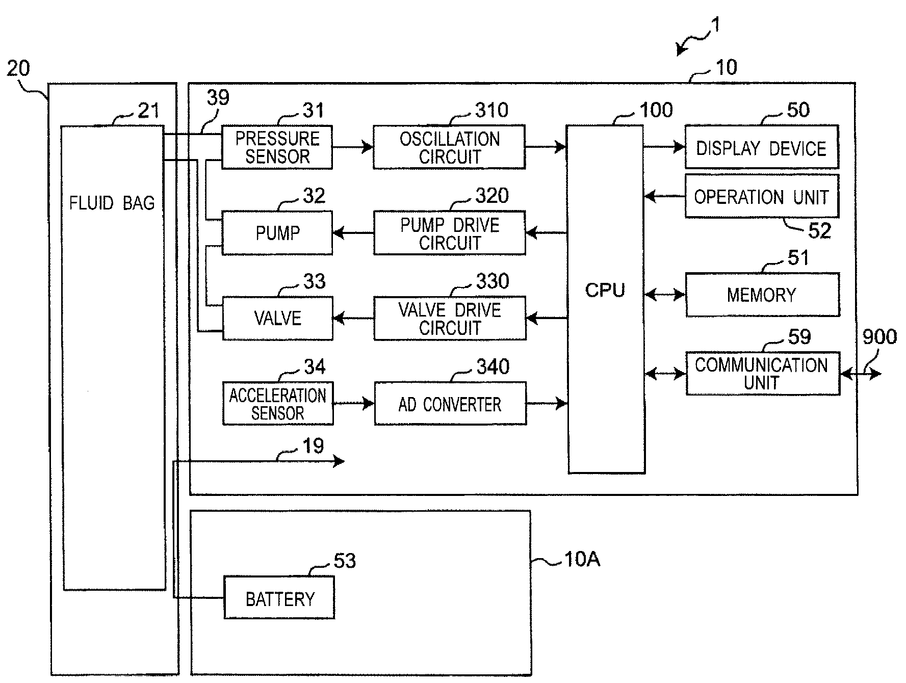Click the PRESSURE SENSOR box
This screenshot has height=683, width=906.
pos(277,147)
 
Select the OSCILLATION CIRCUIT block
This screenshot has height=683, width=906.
pos(449,147)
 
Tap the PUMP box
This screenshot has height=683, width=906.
pos(277,233)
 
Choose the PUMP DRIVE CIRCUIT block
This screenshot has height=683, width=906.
pos(449,233)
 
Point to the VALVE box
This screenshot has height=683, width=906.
pos(277,319)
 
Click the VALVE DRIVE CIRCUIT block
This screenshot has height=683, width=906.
pos(450,319)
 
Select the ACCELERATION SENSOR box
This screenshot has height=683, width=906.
pos(278,404)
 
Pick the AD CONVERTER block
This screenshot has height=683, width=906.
pos(450,404)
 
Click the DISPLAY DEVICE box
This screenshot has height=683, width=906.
pos(761,147)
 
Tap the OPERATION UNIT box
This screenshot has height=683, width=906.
pos(761,196)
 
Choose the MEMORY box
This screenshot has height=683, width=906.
pos(762,295)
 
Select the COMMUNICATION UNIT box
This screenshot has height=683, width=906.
pos(762,374)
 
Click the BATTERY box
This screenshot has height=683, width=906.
pos(279,598)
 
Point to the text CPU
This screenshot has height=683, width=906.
pos(605,290)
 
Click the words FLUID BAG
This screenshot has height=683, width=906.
pos(112,203)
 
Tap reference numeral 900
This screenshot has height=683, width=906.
pos(879,337)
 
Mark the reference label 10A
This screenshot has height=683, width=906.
pos(582,560)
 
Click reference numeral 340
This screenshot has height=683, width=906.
pos(493,366)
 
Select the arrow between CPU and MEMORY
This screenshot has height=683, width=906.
pos(665,295)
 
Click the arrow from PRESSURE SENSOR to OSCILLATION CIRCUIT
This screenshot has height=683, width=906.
pos(353,147)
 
